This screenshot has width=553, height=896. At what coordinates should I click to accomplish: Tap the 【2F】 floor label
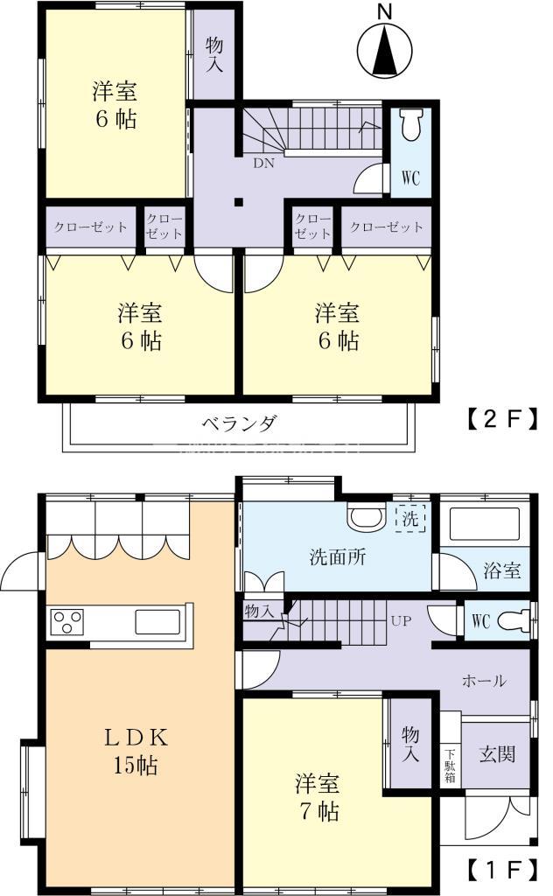click(496, 421)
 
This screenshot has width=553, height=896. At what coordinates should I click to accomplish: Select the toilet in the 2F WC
click(409, 129)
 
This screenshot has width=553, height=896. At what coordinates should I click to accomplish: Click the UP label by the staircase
click(401, 622)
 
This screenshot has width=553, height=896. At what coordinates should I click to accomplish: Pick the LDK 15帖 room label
click(136, 752)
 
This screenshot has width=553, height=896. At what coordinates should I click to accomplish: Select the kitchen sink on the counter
click(158, 622)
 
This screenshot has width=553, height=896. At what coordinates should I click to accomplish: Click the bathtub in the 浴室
click(483, 525)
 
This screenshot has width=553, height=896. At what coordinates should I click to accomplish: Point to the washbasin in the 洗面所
click(366, 518)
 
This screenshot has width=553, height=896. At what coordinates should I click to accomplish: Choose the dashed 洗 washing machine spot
click(410, 519)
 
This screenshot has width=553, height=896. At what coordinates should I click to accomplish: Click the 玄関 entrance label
click(495, 753)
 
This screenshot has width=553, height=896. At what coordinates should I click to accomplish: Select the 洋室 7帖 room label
click(316, 797)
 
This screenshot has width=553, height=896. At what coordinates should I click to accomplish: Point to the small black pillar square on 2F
click(238, 203)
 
